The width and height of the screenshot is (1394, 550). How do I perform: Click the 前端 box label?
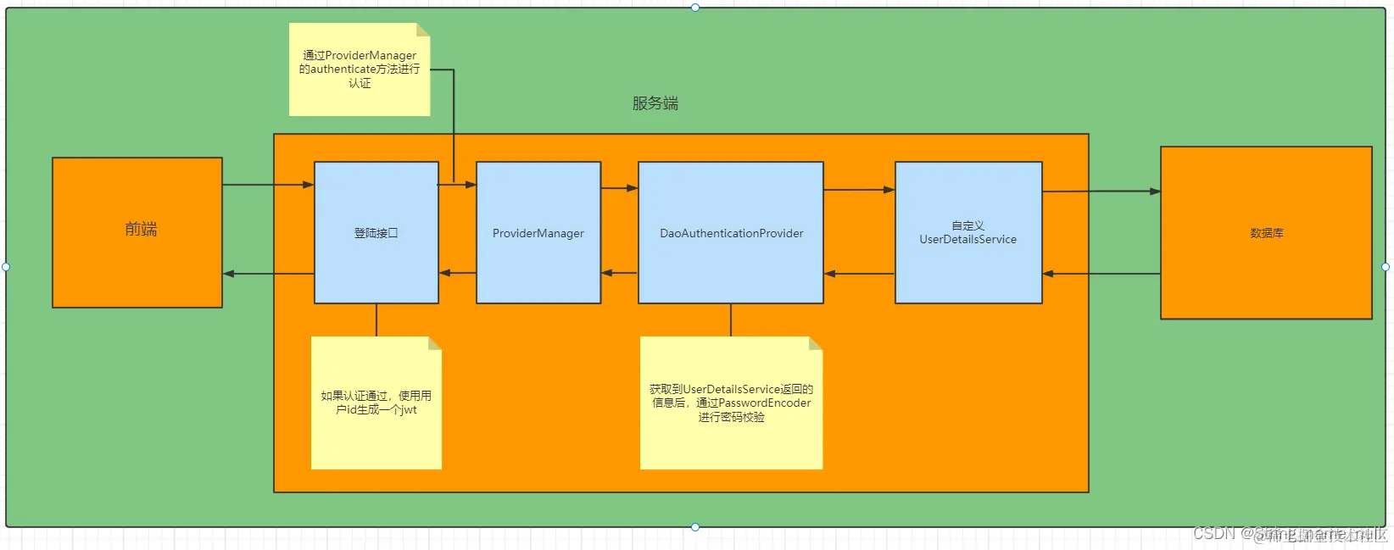[x=141, y=230]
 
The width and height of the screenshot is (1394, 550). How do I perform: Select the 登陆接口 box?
[x=376, y=233]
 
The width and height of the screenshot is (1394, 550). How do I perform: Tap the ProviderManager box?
[x=538, y=233]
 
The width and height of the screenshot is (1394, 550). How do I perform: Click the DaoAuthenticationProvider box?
[x=731, y=233]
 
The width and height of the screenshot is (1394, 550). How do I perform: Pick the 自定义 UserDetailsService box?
[x=967, y=233]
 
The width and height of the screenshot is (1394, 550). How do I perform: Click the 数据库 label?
[x=1266, y=233]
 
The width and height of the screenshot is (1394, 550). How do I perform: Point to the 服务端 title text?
[x=655, y=103]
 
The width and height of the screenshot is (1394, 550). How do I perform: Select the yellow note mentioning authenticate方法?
[x=360, y=69]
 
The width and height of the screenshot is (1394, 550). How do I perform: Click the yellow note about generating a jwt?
[x=376, y=403]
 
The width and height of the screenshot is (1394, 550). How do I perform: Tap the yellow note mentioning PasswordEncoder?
[x=731, y=403]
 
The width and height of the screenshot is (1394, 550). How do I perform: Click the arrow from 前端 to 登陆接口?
[x=268, y=185]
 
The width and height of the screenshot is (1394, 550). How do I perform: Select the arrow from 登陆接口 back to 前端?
[x=268, y=274]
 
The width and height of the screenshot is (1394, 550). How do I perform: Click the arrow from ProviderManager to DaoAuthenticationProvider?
[x=619, y=188]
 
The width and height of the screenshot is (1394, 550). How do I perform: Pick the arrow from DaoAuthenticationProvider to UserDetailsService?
[x=858, y=190]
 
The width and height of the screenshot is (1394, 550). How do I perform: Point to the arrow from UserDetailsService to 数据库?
[x=1101, y=192]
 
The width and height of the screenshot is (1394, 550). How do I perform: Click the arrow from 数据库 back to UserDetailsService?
[x=1101, y=274]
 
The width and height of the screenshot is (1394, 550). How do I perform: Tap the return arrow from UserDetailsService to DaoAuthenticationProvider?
[x=858, y=274]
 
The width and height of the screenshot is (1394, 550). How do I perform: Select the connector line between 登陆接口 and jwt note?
[x=376, y=320]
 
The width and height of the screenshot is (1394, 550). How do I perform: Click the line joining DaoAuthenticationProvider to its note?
[x=731, y=320]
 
